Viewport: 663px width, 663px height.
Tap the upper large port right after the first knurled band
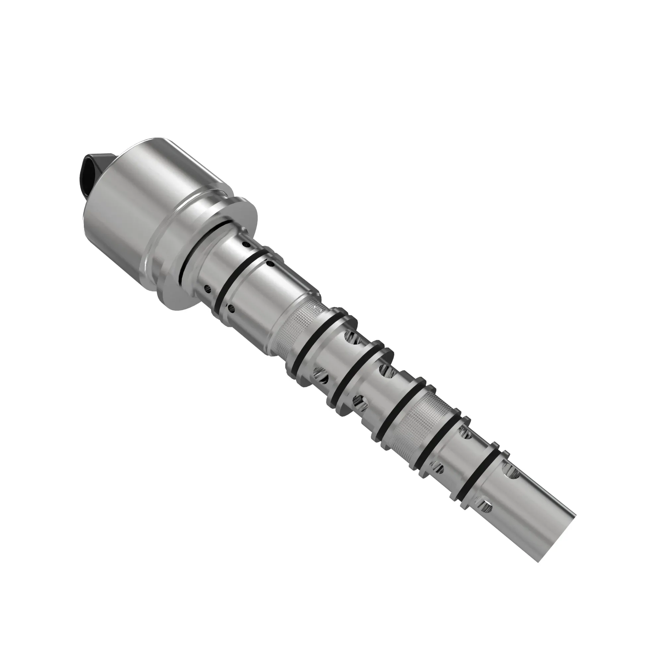[x=353, y=339]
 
